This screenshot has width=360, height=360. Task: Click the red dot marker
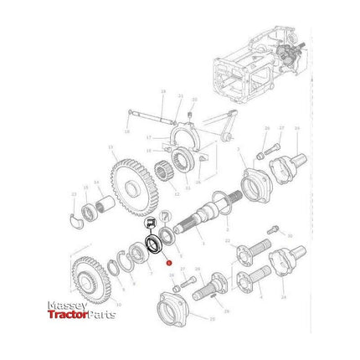tap(170, 264)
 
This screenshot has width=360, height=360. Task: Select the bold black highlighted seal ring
tap(154, 244)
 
